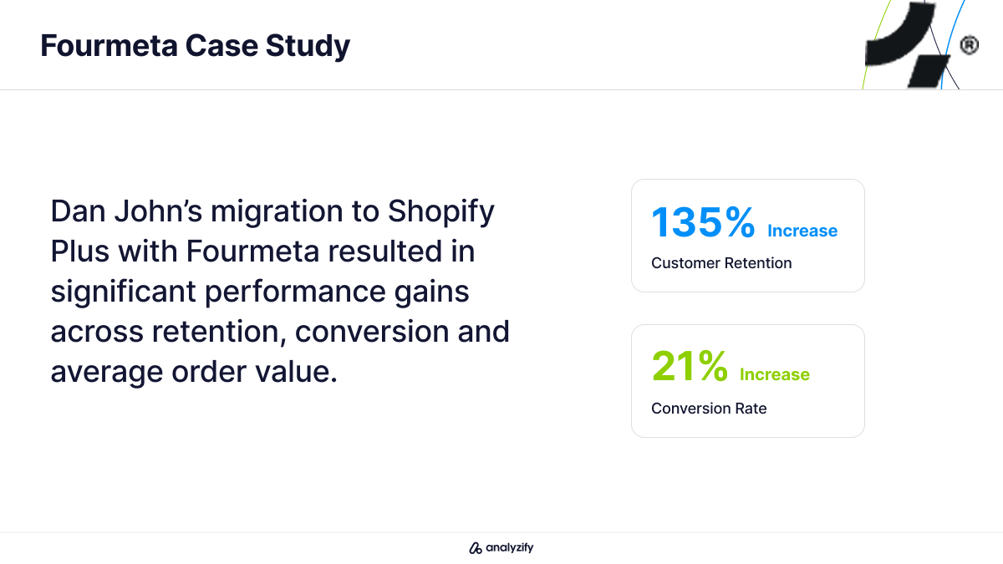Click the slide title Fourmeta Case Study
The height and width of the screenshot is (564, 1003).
coord(195,46)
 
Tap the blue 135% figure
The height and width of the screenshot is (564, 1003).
coord(703,222)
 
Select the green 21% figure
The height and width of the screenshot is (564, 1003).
coord(690,367)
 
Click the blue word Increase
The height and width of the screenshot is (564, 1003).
coord(802,231)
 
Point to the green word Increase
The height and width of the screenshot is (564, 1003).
coord(775,374)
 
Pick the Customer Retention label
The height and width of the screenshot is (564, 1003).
coord(721,263)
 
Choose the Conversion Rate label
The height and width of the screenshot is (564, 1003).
coord(709,409)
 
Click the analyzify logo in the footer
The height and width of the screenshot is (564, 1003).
coord(501,548)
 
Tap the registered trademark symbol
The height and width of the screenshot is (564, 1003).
coord(969,45)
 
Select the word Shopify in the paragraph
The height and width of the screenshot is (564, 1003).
coord(441,211)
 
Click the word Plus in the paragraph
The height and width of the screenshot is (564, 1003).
coord(80,252)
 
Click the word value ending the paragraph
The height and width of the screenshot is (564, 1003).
coord(298,371)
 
